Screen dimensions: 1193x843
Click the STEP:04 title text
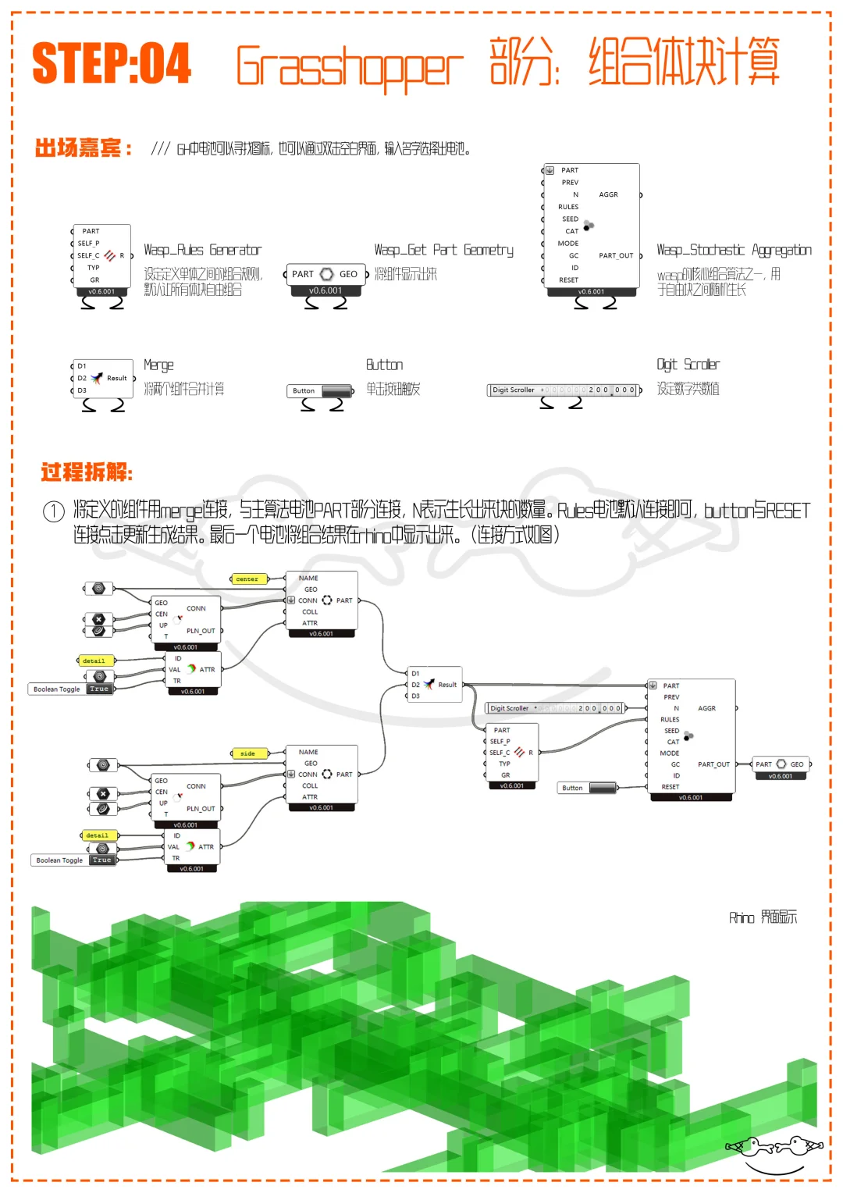[x=112, y=63]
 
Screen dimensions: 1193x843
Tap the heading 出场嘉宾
[x=83, y=148]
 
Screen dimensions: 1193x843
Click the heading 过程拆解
[x=87, y=472]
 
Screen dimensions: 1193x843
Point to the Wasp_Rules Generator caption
[x=202, y=250]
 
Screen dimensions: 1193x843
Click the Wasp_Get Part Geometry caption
[x=443, y=250]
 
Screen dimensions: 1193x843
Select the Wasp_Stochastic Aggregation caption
[x=733, y=250]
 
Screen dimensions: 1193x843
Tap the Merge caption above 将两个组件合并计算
[x=158, y=365]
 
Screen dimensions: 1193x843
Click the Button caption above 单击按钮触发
[x=384, y=365]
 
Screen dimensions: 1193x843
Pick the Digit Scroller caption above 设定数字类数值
[x=688, y=365]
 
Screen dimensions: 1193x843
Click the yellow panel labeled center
[x=248, y=579]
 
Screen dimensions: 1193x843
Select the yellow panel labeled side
[x=248, y=753]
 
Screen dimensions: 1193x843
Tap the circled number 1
[x=53, y=512]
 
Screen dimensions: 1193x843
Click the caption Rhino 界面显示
[x=763, y=917]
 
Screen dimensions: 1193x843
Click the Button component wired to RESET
[x=588, y=788]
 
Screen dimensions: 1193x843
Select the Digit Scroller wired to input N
[x=555, y=708]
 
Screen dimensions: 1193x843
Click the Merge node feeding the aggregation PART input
[x=435, y=685]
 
